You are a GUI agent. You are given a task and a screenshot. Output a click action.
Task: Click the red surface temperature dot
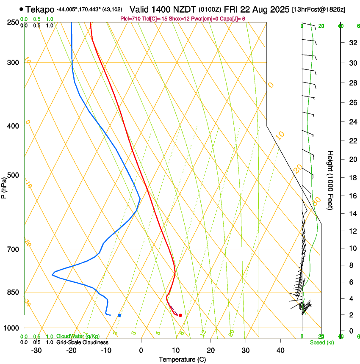click(x=180, y=315)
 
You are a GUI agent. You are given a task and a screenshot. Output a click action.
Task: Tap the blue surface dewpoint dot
click(x=119, y=315)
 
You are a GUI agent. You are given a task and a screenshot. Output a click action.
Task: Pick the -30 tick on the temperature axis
click(x=36, y=350)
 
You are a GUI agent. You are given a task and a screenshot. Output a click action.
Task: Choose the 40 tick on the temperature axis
click(x=280, y=350)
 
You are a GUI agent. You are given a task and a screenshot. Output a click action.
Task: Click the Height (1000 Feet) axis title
click(x=331, y=180)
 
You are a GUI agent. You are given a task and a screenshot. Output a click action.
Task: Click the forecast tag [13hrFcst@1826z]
click(x=319, y=9)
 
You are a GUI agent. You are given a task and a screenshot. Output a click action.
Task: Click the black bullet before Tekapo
click(x=22, y=9)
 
